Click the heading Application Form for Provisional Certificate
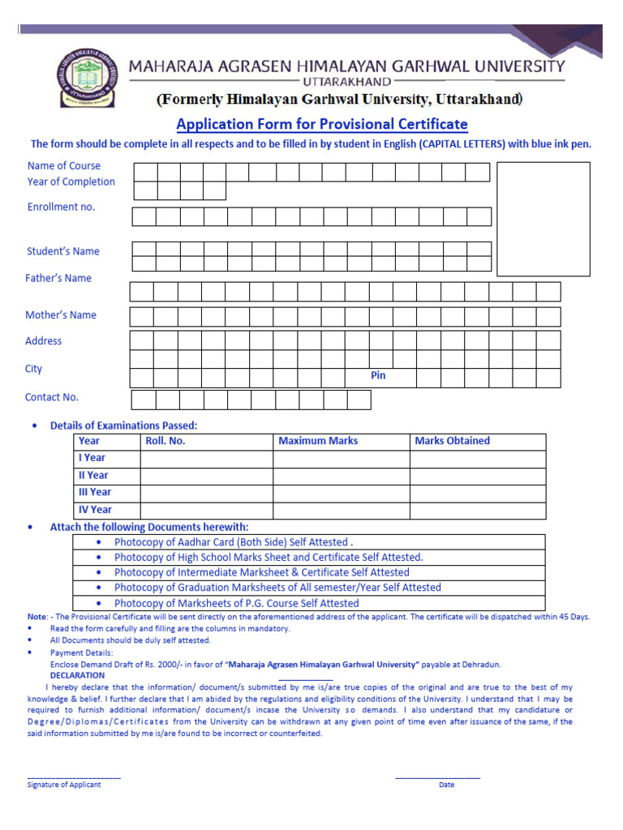click(322, 124)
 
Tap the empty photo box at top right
click(543, 219)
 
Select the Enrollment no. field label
click(61, 207)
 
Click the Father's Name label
click(58, 278)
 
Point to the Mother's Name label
click(61, 314)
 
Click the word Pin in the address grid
click(378, 375)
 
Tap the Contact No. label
click(52, 397)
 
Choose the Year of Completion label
click(71, 182)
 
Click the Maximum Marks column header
click(318, 441)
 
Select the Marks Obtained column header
click(452, 441)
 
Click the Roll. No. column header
click(165, 441)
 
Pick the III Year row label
click(95, 492)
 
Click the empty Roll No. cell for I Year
click(206, 459)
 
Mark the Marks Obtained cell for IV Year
click(477, 510)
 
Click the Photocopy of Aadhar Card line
click(234, 542)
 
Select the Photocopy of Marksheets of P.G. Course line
click(236, 603)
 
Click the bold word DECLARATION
click(77, 675)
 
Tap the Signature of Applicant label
click(64, 785)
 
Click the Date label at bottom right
click(446, 785)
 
